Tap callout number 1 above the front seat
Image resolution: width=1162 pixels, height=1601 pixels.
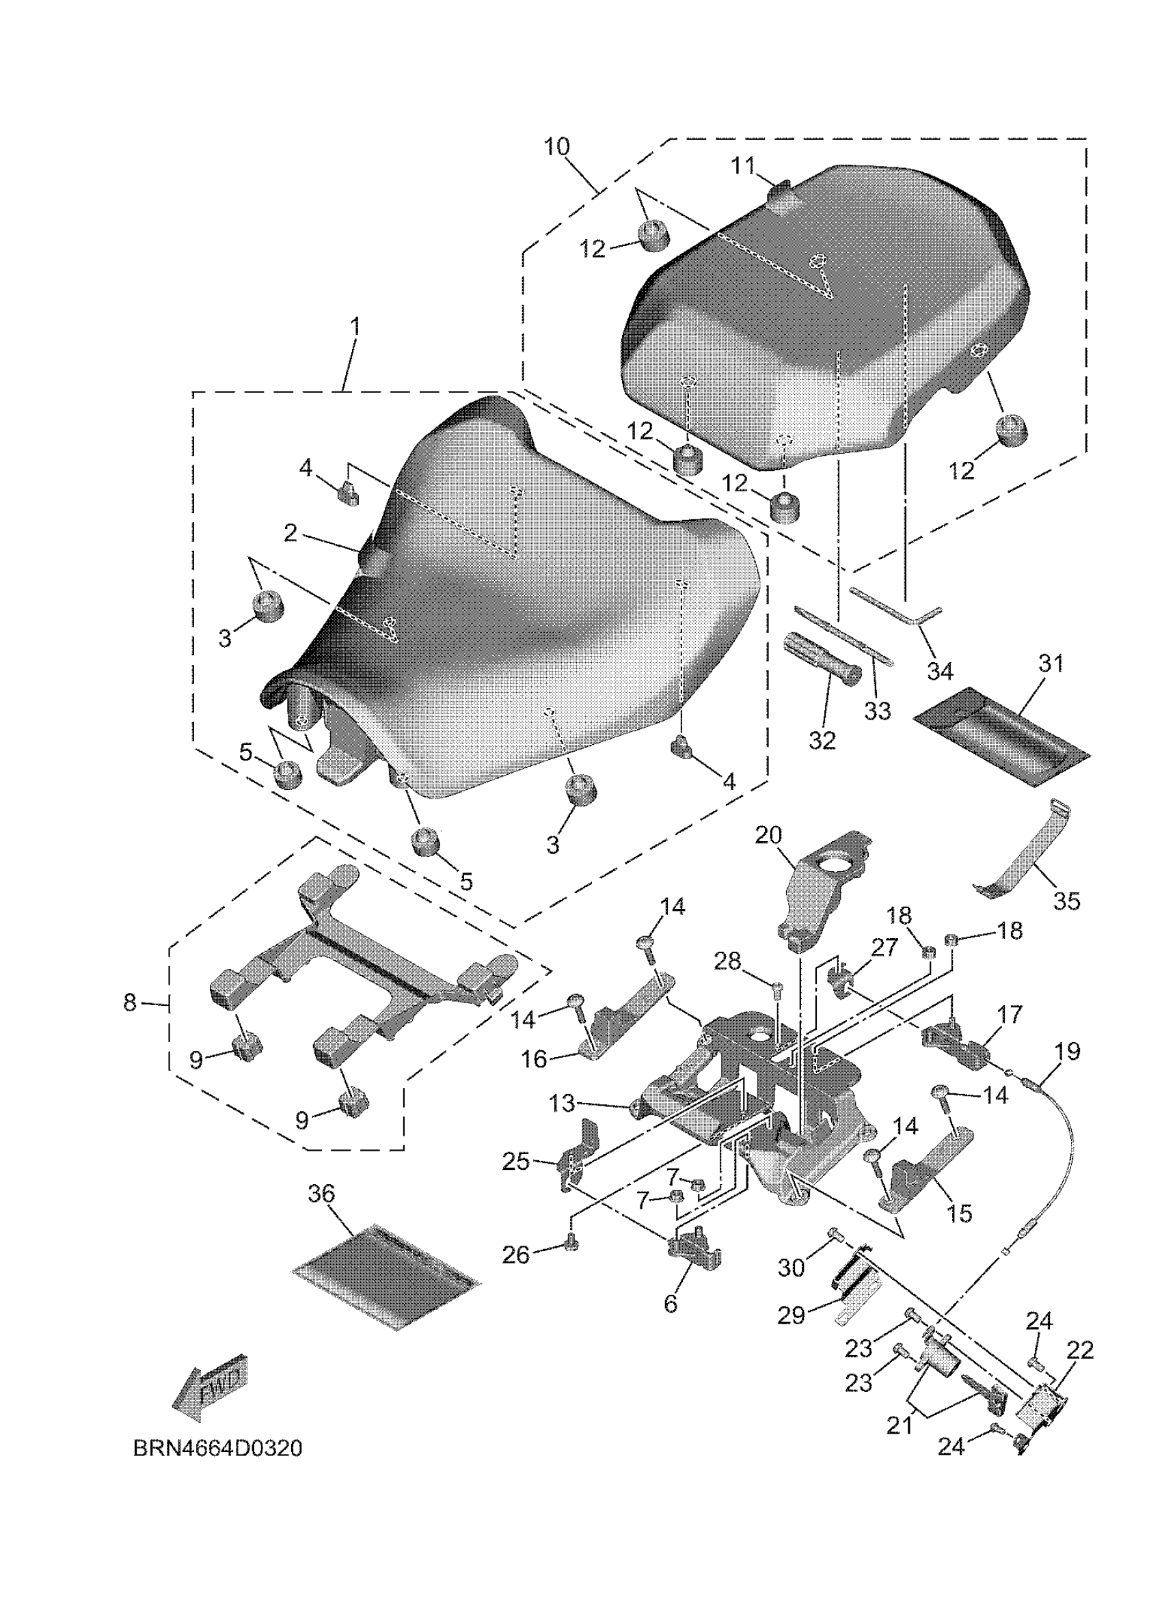(356, 327)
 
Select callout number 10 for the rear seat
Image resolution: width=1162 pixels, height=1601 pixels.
(556, 147)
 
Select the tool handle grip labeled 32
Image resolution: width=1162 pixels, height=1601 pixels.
(823, 655)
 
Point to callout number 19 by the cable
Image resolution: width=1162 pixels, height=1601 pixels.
(1068, 1052)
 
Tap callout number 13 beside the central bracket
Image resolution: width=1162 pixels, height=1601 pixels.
(563, 1103)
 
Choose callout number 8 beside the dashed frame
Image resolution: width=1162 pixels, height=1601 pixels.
(130, 1002)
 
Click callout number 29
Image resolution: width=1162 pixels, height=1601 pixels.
(792, 1315)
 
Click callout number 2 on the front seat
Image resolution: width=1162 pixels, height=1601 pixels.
(290, 534)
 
